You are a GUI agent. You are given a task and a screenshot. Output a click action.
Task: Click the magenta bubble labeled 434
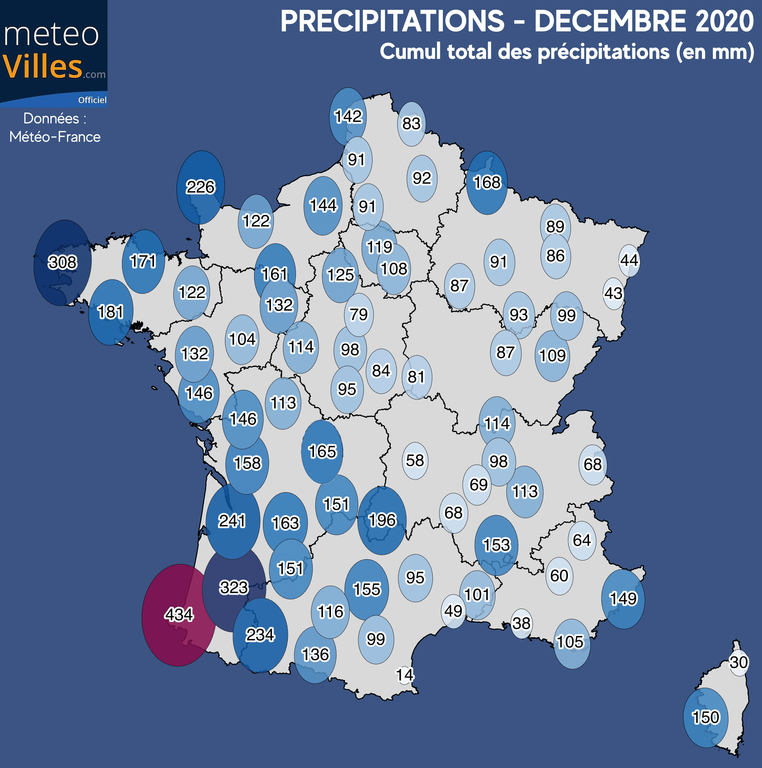pos(179,614)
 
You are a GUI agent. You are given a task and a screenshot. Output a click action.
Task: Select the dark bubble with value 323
pos(234,587)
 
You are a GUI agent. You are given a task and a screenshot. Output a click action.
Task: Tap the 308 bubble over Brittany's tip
pos(62,262)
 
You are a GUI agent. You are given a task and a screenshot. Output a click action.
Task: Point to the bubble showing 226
pos(200,187)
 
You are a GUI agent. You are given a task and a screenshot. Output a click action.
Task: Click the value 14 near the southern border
pos(405,675)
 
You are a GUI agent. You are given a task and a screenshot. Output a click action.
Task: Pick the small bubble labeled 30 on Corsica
pos(739,662)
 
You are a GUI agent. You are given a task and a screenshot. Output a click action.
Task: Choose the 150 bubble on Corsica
pos(706,717)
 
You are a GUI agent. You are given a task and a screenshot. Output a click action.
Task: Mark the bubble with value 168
pos(487,182)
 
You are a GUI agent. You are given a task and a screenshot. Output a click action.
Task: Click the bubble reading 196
pos(382,520)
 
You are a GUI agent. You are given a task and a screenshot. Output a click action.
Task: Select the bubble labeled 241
pos(232,521)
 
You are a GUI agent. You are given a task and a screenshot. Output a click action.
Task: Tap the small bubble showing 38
pos(521,623)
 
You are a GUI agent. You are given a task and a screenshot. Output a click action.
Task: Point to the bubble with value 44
pos(629,260)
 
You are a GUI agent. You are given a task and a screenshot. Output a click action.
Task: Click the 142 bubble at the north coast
pos(348,117)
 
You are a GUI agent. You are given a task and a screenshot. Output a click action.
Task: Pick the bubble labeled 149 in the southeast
pos(623,599)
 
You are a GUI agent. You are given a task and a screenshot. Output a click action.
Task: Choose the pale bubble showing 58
pos(415,460)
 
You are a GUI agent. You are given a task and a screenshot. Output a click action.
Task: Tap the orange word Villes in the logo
pos(42,66)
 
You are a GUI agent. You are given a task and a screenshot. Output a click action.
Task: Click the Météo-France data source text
pos(55,137)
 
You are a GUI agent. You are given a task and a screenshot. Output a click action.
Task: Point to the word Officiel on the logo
pos(92,100)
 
